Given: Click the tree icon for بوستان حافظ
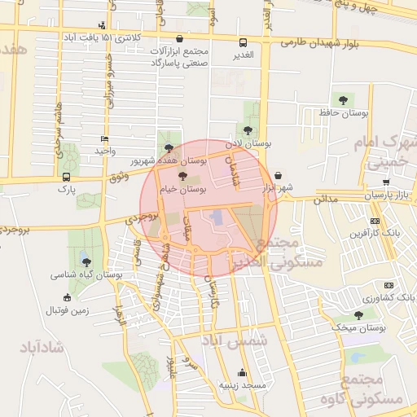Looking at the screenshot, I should click(x=343, y=99).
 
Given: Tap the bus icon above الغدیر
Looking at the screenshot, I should click(x=242, y=43).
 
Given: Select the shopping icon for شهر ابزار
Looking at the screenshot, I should click(x=279, y=174).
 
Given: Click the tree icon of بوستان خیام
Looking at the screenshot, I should click(x=182, y=176).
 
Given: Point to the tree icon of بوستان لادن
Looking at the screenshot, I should click(x=247, y=129).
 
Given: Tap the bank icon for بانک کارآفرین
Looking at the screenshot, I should click(x=374, y=221).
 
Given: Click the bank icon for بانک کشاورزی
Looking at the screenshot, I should click(x=388, y=285).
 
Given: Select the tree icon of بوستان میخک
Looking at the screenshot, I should click(x=358, y=314).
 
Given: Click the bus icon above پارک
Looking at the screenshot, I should click(x=66, y=177).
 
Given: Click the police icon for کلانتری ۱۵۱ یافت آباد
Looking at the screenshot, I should click(x=101, y=25).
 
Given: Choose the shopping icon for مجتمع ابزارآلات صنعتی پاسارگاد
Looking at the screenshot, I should click(x=179, y=38).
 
